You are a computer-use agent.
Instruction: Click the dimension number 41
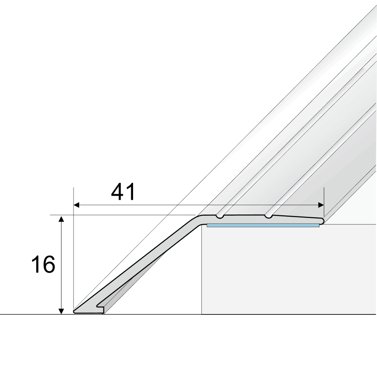[x=123, y=193]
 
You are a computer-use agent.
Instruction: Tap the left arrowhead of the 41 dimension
[x=76, y=205]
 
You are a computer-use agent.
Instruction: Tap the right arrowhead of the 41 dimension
[x=321, y=205]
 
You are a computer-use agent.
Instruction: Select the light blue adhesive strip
[x=263, y=225]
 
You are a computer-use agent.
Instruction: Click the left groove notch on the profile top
[x=219, y=216]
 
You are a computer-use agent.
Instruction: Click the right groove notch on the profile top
[x=268, y=216]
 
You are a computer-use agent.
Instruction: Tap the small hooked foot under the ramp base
[x=101, y=309]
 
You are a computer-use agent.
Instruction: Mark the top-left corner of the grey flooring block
[x=202, y=225]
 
